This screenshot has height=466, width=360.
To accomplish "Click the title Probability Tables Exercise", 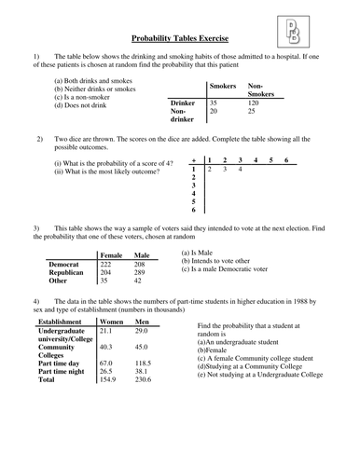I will tap(181, 41).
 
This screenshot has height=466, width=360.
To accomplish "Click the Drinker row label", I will tap(183, 103).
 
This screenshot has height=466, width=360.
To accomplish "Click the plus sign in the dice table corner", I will tap(193, 159).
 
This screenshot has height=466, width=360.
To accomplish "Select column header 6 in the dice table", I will tap(286, 159).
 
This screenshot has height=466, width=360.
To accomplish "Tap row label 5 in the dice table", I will tap(193, 201).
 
